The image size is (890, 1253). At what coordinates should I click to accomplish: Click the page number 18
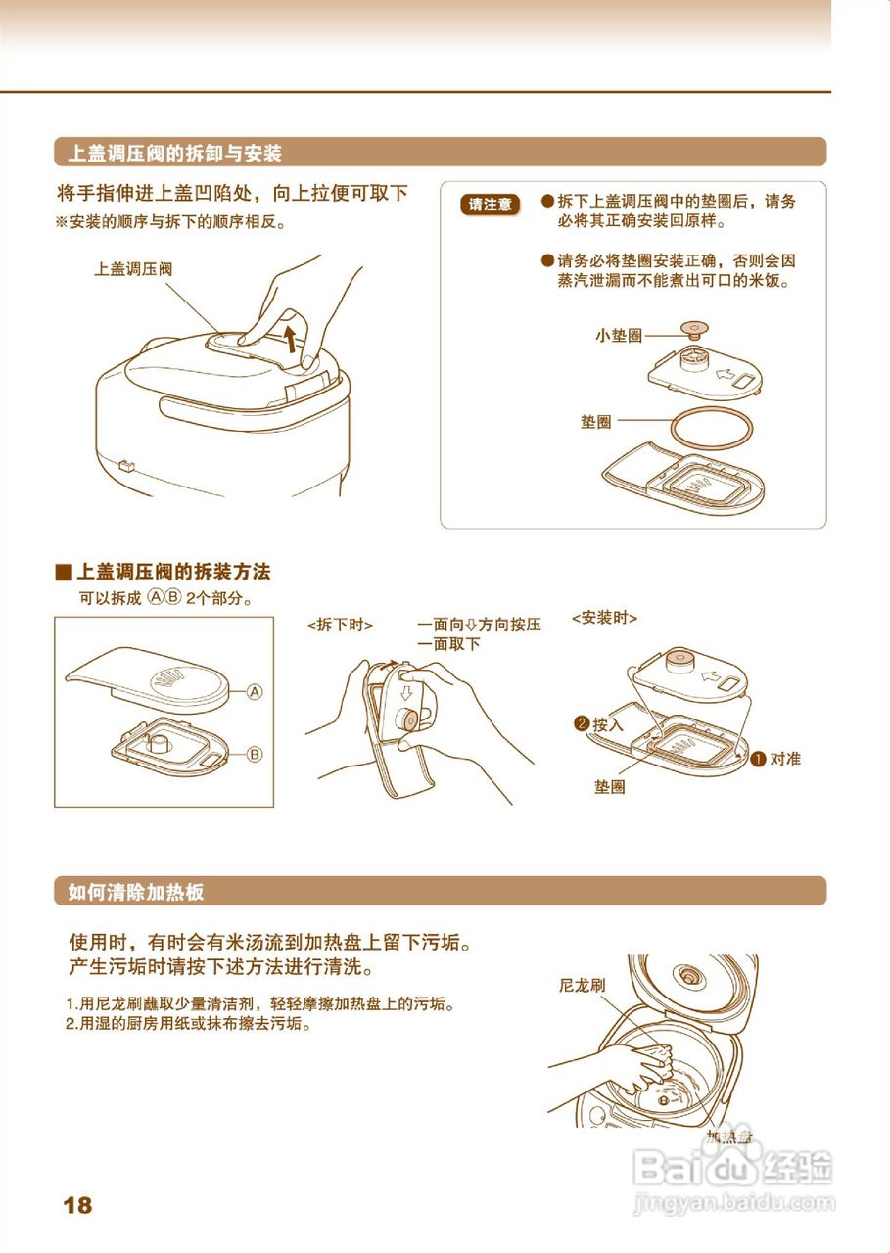tap(77, 1205)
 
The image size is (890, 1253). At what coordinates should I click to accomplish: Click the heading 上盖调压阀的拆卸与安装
tap(174, 153)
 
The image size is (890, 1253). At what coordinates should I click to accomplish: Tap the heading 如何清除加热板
tap(136, 892)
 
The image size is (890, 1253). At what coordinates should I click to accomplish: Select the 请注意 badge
tap(490, 205)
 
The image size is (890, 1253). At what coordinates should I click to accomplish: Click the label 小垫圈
tap(618, 336)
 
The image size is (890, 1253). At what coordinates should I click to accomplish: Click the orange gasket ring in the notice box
tap(711, 429)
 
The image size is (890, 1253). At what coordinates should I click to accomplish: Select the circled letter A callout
tap(255, 691)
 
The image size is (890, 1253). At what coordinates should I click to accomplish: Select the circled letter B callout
tap(255, 755)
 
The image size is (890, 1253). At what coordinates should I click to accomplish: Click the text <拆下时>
tap(340, 624)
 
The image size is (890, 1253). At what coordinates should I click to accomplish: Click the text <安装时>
tap(604, 618)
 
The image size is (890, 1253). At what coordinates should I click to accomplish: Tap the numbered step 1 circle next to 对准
tap(758, 759)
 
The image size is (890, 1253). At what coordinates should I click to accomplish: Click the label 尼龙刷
tap(582, 986)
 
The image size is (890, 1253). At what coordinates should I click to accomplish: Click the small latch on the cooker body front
tap(124, 465)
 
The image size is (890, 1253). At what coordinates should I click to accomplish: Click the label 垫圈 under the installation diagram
tap(609, 787)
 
